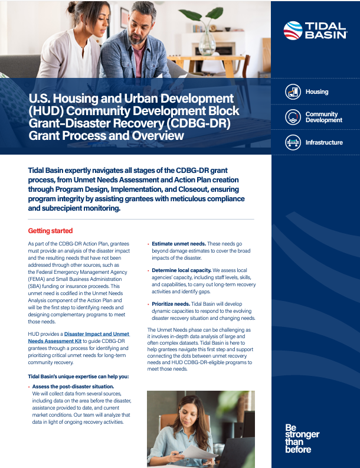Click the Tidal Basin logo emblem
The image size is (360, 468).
[293, 30]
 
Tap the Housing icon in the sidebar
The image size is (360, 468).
[292, 92]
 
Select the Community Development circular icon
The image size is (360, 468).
[292, 117]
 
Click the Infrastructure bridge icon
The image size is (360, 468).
[292, 142]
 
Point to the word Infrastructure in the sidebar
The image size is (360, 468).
[324, 143]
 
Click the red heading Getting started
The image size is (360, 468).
[50, 231]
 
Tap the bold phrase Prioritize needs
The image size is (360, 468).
[171, 304]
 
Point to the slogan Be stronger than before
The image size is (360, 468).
[302, 438]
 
